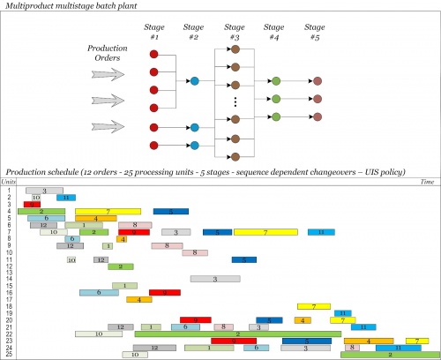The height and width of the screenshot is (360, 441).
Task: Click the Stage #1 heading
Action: tap(153, 34)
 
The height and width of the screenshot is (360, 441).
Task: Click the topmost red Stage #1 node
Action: tap(153, 54)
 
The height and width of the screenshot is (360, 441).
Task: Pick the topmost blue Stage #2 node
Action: tap(194, 80)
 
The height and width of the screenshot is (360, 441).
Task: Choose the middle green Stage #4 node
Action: tap(276, 98)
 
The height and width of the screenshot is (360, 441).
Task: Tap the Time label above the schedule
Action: tap(428, 181)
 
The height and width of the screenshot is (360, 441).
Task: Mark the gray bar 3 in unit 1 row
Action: tap(43, 190)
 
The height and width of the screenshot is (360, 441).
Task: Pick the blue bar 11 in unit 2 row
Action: tap(66, 197)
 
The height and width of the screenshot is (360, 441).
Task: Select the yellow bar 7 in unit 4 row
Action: tap(108, 211)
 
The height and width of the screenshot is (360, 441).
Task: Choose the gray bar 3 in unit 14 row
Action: tap(216, 279)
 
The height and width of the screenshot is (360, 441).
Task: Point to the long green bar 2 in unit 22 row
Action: tap(225, 334)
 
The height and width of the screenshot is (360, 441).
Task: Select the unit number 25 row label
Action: tap(8, 355)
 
